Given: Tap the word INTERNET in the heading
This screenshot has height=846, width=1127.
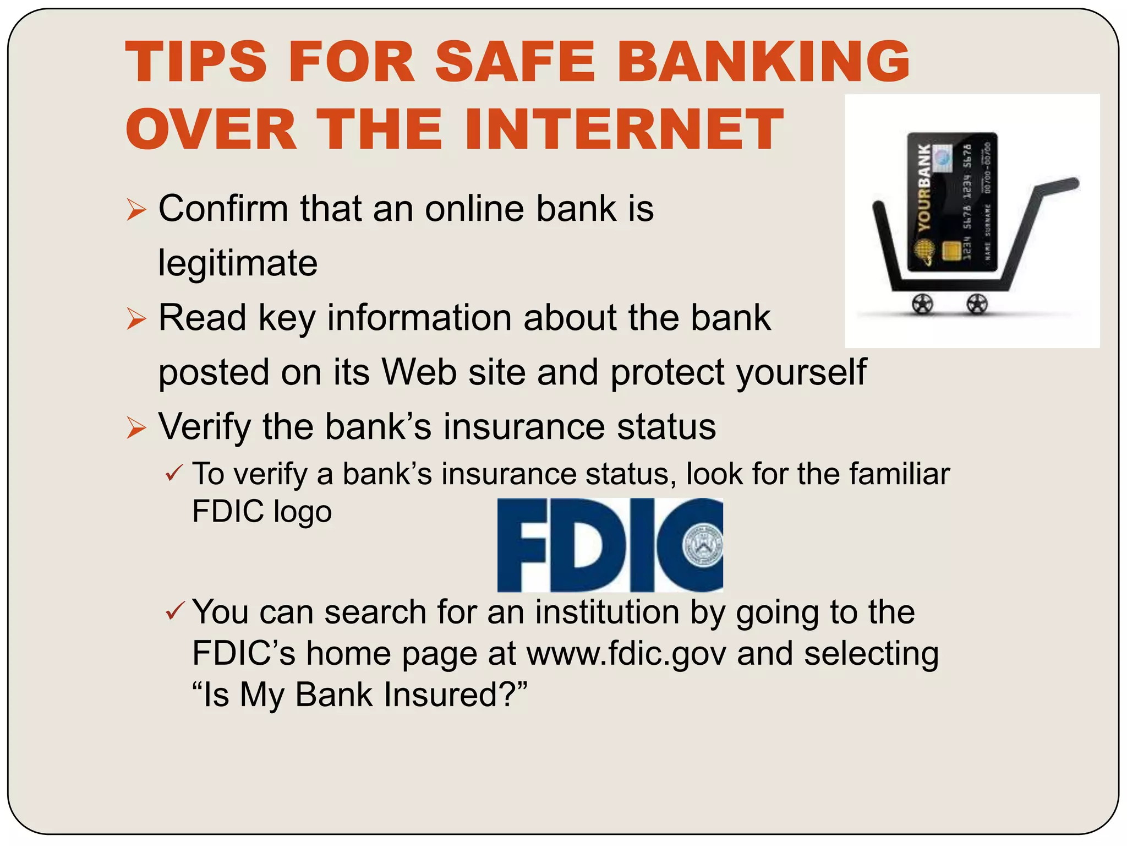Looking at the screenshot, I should (624, 129).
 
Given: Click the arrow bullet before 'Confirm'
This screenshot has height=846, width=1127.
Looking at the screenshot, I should (136, 210).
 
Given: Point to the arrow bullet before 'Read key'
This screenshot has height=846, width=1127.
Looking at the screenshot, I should (136, 319).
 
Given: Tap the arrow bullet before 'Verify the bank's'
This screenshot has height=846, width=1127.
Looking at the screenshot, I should (136, 428).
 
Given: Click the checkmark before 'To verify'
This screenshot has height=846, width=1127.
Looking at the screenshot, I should (174, 473).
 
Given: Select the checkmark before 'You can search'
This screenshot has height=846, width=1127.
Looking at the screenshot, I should (174, 611).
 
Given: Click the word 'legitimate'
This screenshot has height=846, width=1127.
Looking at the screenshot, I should (238, 263).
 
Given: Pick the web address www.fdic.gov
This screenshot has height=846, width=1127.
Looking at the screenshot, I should (626, 654).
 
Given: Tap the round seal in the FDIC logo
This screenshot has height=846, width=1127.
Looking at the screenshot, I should (703, 546).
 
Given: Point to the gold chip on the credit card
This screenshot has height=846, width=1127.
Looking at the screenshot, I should (950, 251).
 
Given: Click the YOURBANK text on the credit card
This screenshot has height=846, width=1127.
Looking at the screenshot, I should (924, 187).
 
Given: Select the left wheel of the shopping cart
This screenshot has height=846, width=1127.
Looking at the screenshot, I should (923, 303).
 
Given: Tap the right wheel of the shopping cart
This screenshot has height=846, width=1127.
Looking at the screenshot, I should (977, 303).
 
